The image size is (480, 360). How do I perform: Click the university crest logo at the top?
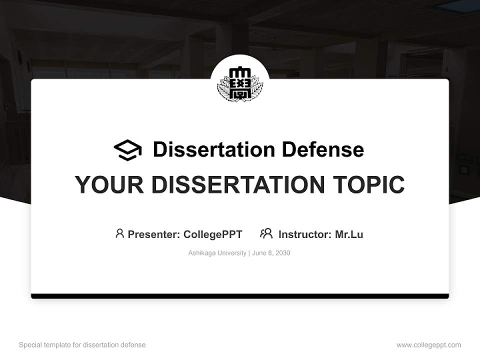coord(240,83)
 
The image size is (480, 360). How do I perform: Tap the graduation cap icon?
coord(127,150)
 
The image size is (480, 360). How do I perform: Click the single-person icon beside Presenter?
coord(119,233)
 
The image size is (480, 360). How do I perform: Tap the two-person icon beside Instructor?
coord(266,233)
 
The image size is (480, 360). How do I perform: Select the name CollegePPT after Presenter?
coord(213,234)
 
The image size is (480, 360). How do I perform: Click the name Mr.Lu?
coord(349,234)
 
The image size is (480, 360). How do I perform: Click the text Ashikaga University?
coord(217,253)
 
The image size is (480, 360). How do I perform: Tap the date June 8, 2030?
coord(271,253)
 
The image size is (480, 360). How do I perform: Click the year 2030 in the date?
coord(282,253)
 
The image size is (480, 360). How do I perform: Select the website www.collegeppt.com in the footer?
coord(428,345)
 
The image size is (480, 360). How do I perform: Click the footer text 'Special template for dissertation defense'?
coord(82,345)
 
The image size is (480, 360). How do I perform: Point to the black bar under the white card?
coord(240,296)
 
